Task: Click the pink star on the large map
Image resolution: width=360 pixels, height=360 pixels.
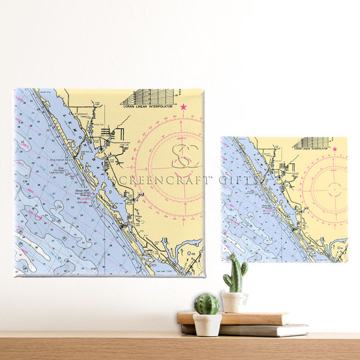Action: click(183, 107)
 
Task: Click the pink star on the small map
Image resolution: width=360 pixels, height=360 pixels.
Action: click(335, 149)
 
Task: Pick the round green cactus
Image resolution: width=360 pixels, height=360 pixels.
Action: click(206, 304)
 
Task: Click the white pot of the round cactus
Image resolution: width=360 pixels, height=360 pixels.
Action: click(207, 325)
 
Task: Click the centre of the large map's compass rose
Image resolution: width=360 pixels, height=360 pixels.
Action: click(183, 167)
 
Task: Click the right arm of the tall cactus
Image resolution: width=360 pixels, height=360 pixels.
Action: click(244, 268)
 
